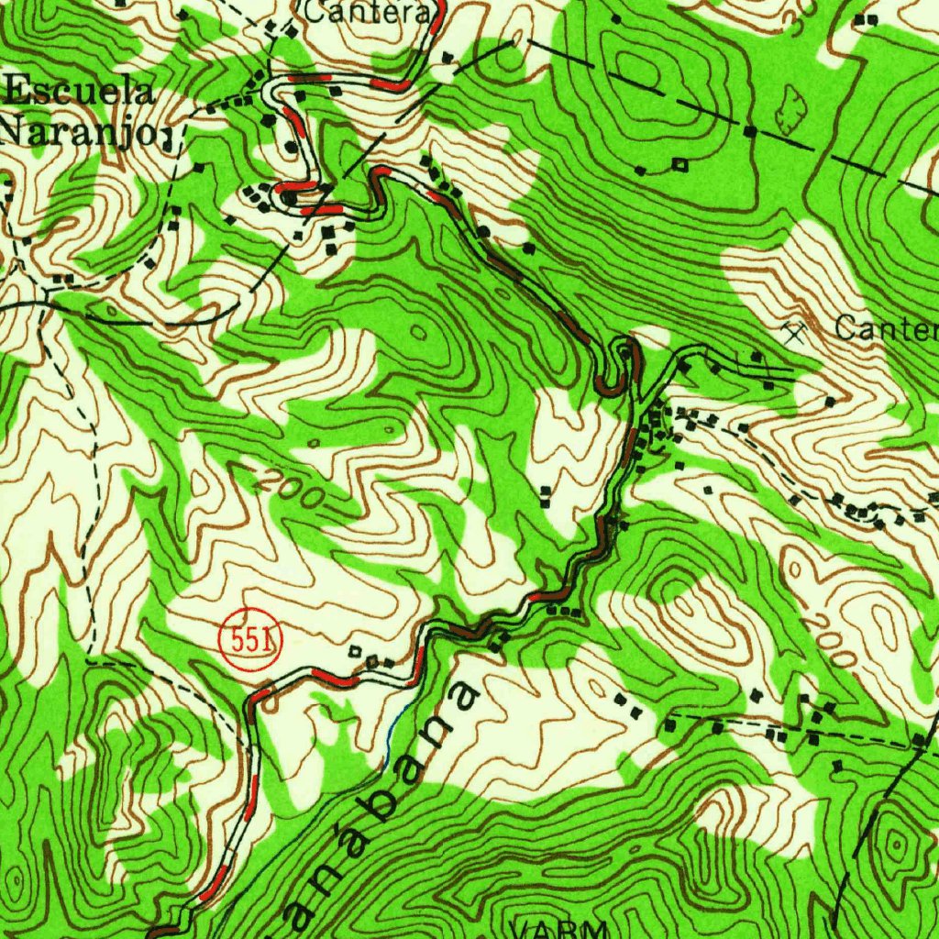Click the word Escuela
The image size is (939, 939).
pyautogui.click(x=81, y=94)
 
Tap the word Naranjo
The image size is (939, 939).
pyautogui.click(x=77, y=131)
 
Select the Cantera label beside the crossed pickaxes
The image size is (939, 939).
pyautogui.click(x=886, y=330)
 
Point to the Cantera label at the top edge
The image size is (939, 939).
pyautogui.click(x=366, y=14)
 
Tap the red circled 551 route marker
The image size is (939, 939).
pyautogui.click(x=250, y=640)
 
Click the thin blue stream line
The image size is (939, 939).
pyautogui.click(x=393, y=734)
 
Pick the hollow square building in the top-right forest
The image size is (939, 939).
pyautogui.click(x=679, y=164)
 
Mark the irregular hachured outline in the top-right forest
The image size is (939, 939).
pyautogui.click(x=790, y=110)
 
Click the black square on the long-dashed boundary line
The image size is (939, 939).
pyautogui.click(x=749, y=132)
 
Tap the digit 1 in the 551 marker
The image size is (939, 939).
pyautogui.click(x=268, y=640)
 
